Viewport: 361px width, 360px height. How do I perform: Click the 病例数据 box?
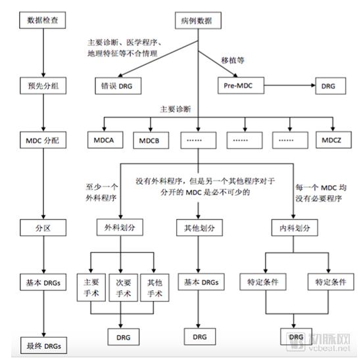198,21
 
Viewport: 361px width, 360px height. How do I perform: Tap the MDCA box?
105,140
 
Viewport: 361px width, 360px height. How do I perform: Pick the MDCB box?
152,140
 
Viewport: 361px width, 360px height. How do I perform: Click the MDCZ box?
333,140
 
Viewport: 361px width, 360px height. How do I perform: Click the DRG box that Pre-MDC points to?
327,85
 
